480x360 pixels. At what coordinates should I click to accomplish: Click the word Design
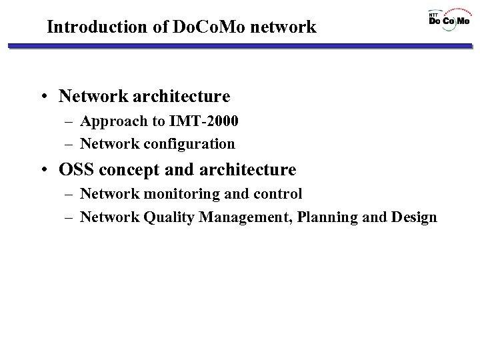415,217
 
